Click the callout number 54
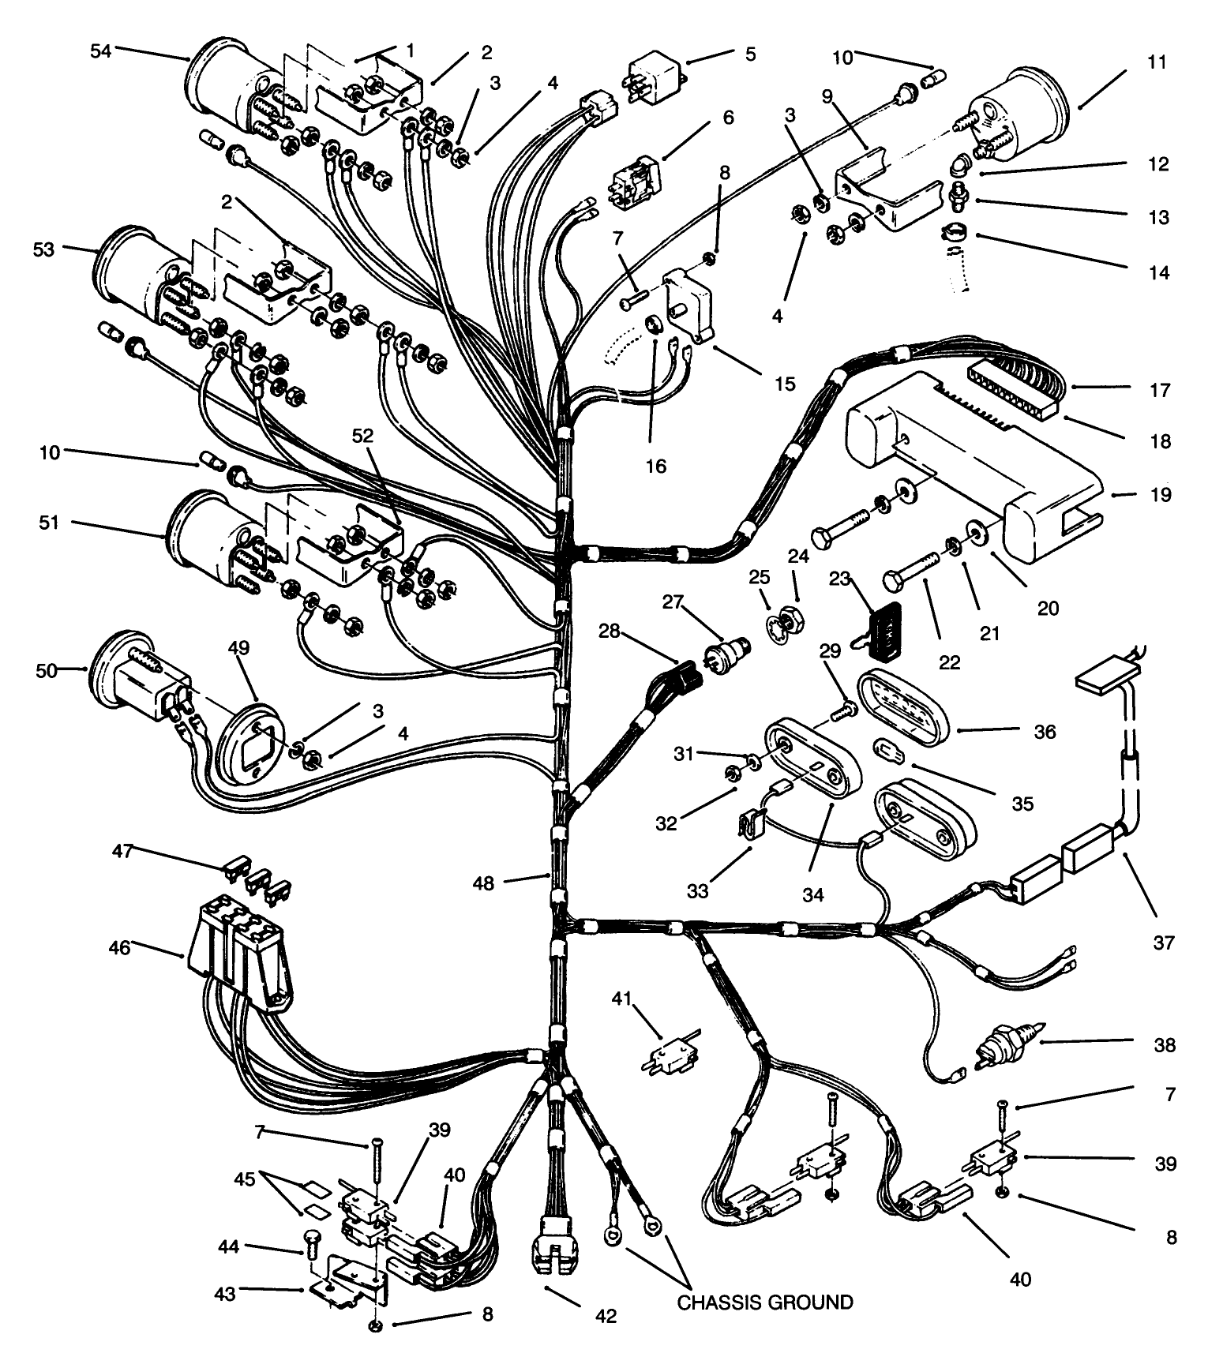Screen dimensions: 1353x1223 tap(100, 51)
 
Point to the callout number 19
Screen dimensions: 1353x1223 tap(1160, 495)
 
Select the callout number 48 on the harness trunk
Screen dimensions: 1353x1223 tap(483, 883)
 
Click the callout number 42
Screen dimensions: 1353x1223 tap(606, 1315)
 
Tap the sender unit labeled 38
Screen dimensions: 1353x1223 tap(1006, 1048)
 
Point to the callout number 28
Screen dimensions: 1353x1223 tap(610, 632)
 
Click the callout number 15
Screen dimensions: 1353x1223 tap(784, 384)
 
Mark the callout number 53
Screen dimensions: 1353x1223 tap(44, 249)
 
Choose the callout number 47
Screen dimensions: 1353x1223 tap(122, 851)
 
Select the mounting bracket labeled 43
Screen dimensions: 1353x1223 tap(347, 1285)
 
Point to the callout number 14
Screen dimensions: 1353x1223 tap(1158, 273)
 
